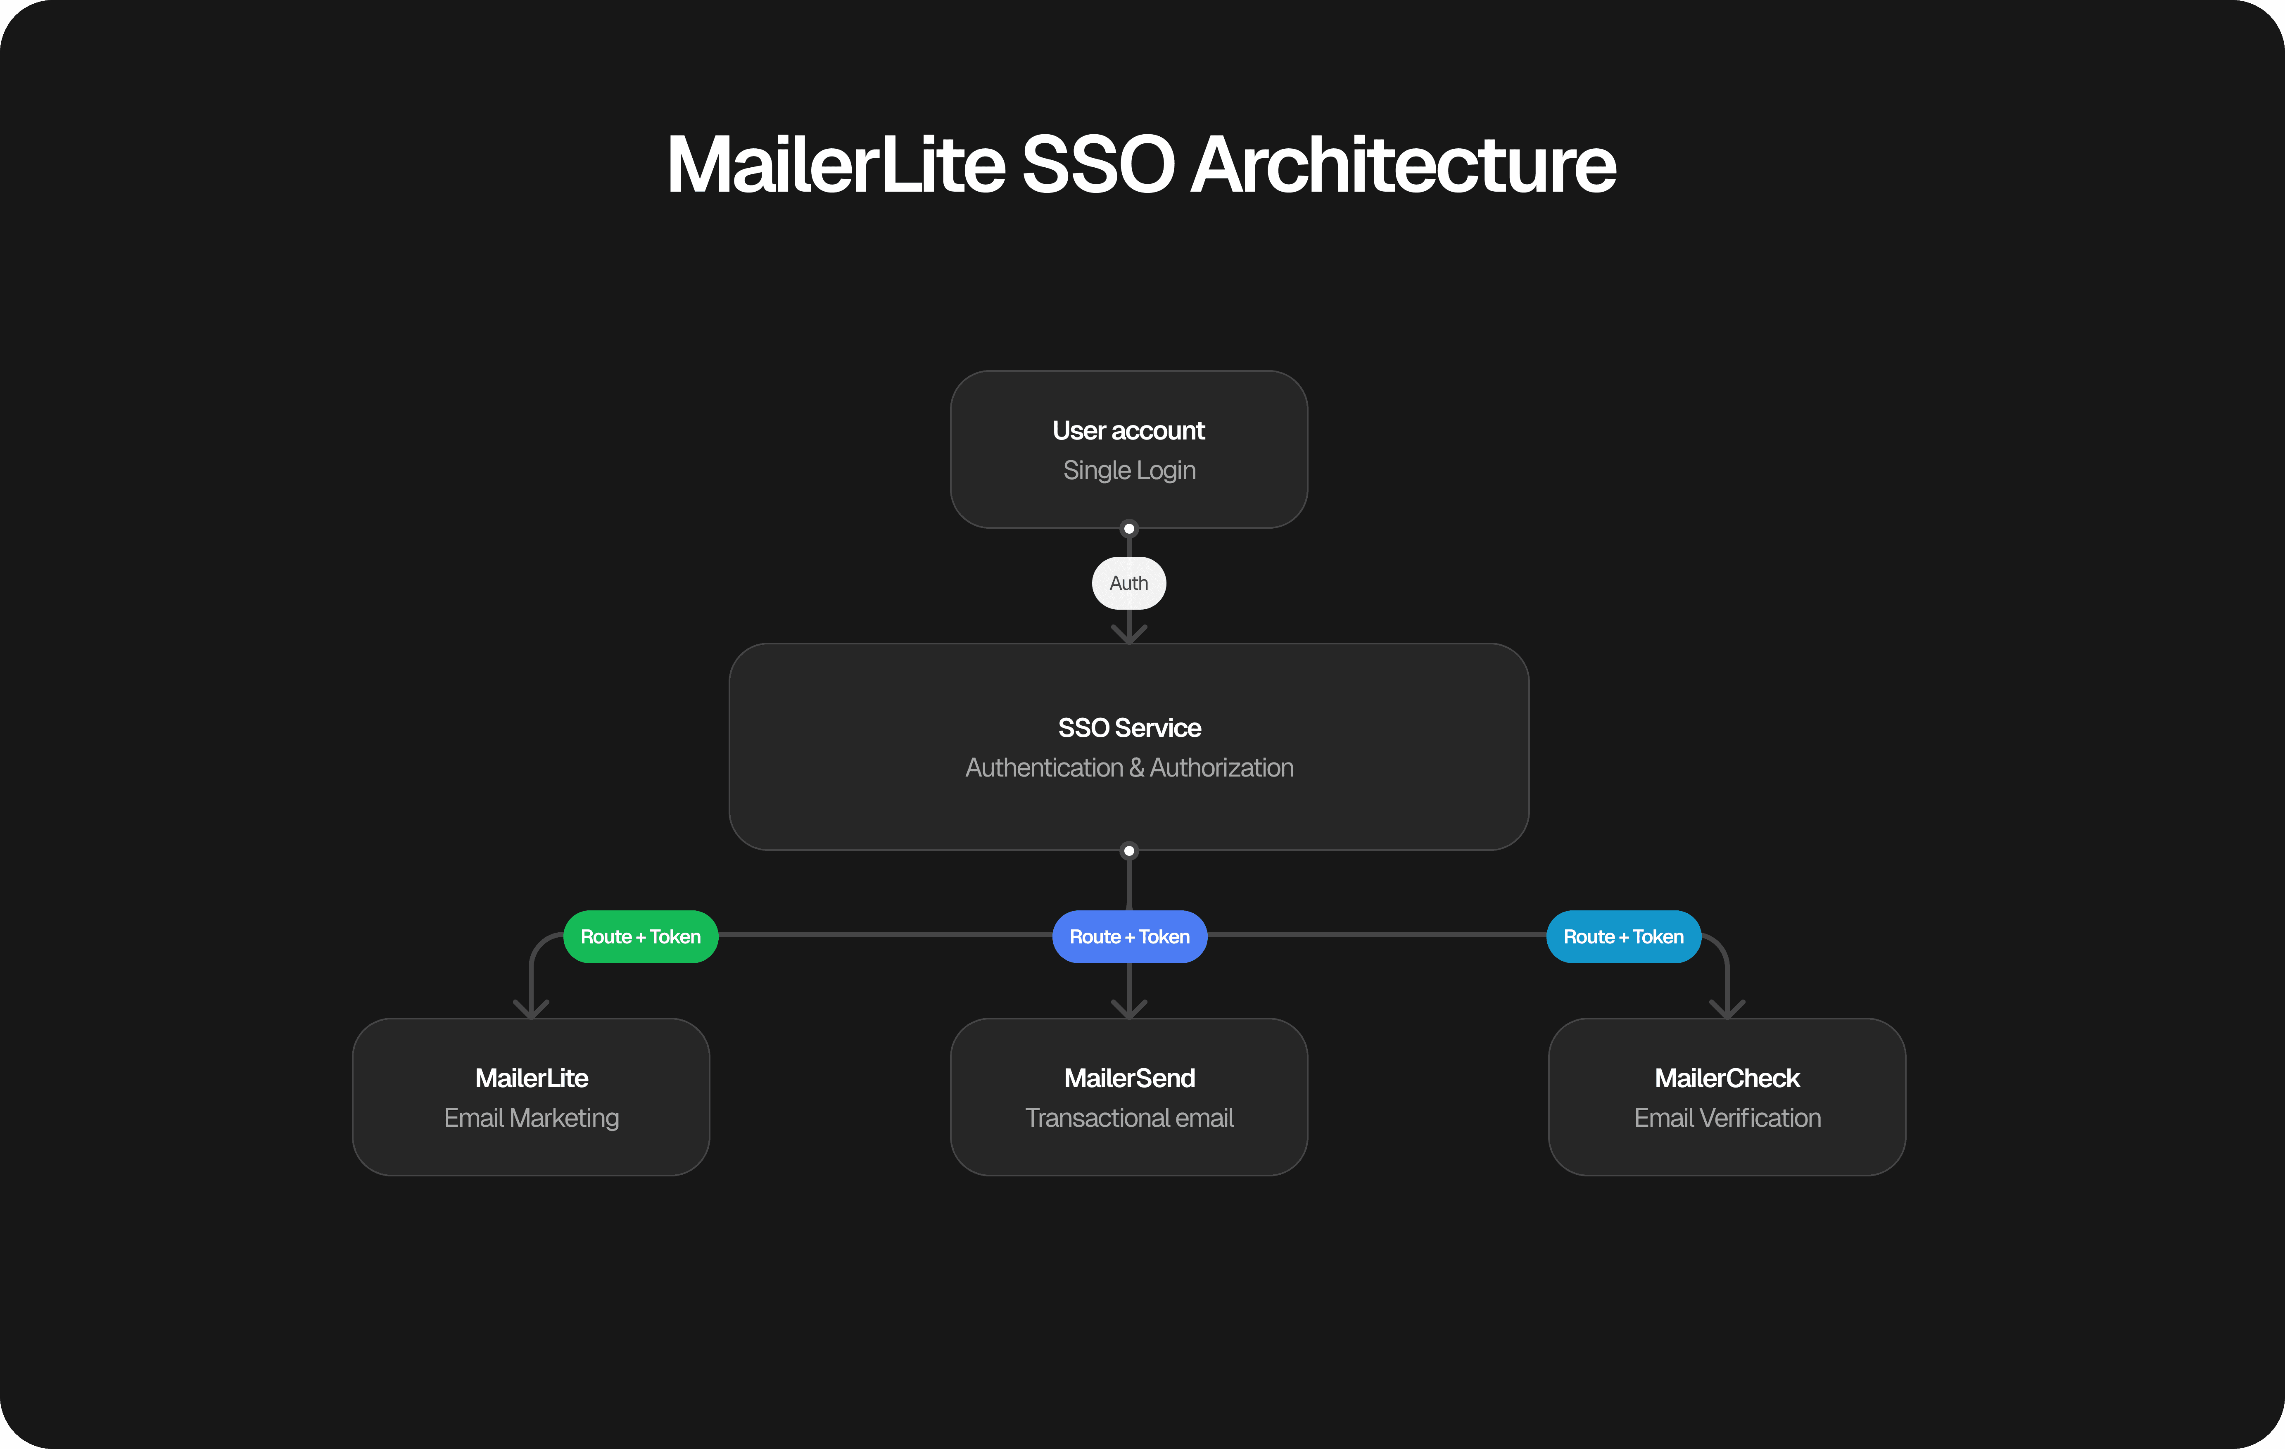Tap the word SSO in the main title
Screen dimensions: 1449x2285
pos(1098,165)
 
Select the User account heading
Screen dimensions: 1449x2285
pos(1128,431)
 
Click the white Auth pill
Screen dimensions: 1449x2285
pos(1128,584)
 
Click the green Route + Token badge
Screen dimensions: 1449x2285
pos(641,936)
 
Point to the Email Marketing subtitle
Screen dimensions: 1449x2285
pos(532,1118)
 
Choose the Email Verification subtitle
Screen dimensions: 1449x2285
pos(1727,1118)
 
